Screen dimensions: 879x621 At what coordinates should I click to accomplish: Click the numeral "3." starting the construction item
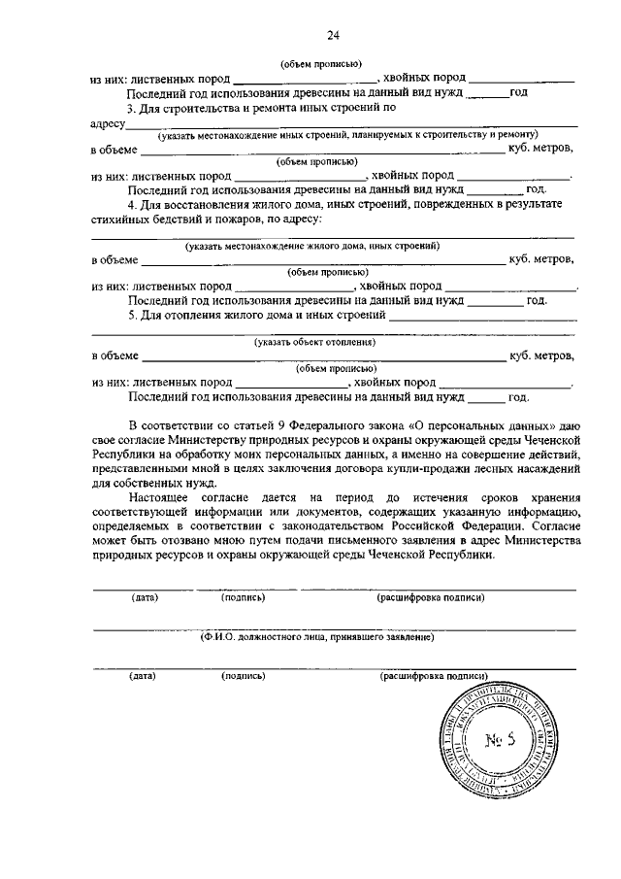click(133, 108)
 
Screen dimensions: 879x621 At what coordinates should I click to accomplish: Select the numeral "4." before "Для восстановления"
click(133, 206)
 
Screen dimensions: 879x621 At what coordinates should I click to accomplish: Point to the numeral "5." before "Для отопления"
click(133, 317)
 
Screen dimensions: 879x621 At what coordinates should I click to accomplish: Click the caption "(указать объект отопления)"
click(315, 343)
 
